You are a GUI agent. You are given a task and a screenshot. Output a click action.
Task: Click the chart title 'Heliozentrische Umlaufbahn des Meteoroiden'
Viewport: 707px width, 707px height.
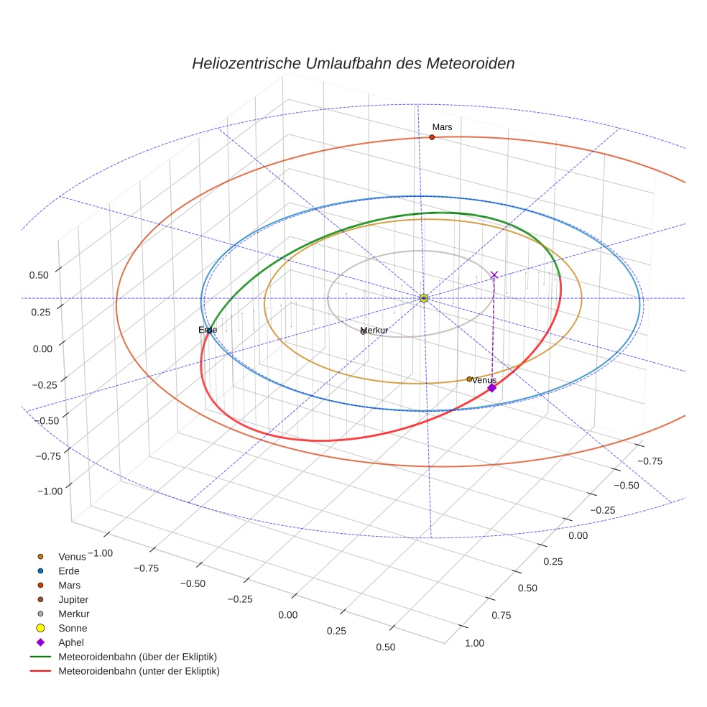click(353, 63)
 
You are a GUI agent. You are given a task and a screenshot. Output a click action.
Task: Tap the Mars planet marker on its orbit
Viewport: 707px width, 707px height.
click(432, 137)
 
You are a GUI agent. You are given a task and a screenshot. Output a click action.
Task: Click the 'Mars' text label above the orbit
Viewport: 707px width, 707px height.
click(442, 127)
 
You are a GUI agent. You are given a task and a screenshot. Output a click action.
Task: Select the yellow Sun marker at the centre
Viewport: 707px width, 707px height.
click(424, 297)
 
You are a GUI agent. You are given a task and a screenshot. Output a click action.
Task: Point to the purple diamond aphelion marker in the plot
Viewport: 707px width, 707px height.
click(491, 388)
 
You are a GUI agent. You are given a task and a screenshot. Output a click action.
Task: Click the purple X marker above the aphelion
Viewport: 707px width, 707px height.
click(494, 275)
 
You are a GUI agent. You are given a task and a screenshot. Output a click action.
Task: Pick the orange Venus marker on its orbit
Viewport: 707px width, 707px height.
click(469, 379)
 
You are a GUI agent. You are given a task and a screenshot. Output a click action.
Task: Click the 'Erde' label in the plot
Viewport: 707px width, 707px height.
click(208, 330)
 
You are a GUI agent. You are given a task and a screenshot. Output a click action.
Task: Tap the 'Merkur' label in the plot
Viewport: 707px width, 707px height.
click(374, 331)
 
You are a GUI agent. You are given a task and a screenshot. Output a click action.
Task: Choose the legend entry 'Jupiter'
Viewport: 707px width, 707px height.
click(73, 599)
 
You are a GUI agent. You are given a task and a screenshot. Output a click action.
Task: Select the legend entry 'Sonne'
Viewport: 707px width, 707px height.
click(73, 628)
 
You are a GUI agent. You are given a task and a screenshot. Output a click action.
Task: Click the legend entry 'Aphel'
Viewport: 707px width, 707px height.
click(70, 642)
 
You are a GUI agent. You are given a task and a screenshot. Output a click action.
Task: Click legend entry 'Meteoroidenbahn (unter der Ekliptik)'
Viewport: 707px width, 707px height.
click(139, 671)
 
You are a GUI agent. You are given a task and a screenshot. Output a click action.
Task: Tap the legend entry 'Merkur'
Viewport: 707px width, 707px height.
click(73, 614)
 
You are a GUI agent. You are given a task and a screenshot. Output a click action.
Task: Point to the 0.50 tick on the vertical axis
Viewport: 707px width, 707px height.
click(39, 274)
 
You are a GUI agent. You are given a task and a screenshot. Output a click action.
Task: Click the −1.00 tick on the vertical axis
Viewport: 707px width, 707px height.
click(49, 491)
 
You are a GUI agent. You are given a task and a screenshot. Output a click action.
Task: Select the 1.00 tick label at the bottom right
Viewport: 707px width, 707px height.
click(474, 643)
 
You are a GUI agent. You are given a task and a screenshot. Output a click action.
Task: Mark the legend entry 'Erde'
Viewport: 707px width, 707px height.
click(68, 570)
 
